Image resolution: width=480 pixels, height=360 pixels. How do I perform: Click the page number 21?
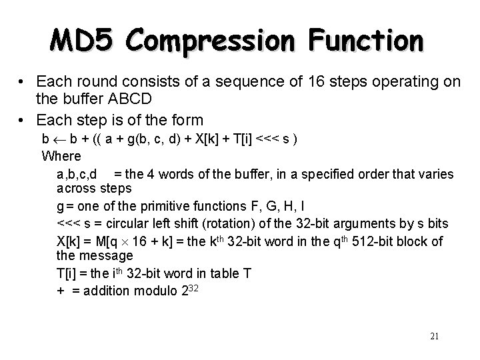434,336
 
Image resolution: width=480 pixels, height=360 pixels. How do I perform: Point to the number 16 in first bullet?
313,82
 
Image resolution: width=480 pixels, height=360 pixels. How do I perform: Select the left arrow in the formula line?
57,139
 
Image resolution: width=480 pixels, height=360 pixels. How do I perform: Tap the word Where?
61,156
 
